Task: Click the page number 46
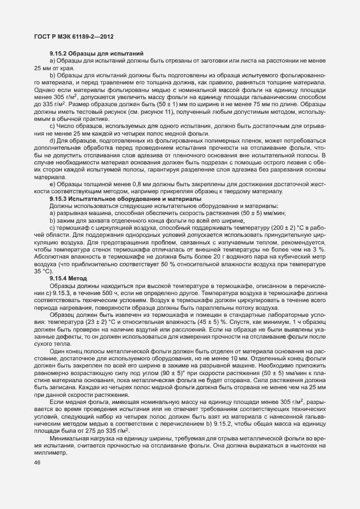[37, 463]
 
